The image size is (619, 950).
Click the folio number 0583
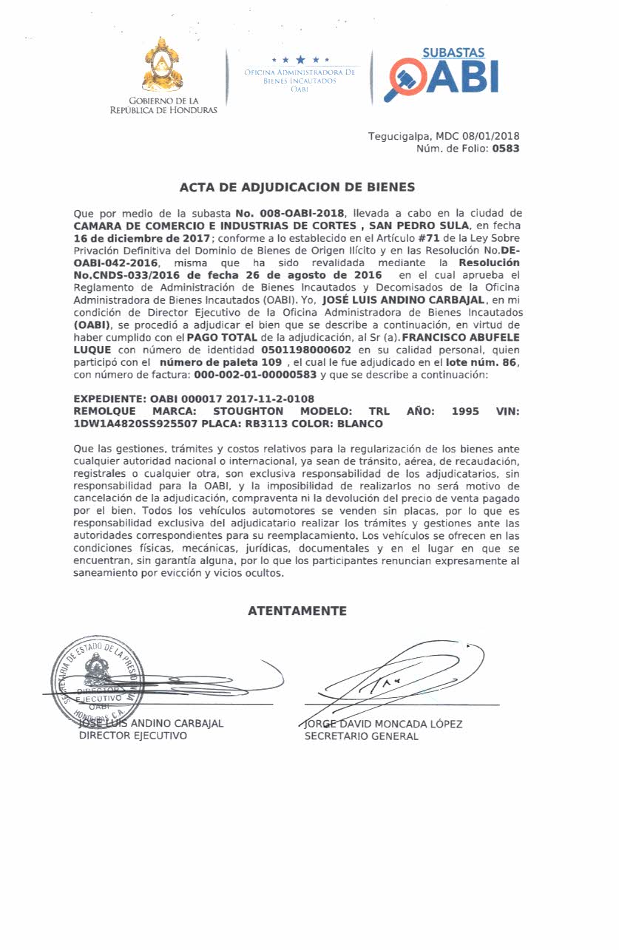(x=506, y=149)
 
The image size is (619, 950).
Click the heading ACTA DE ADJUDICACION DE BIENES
(x=297, y=187)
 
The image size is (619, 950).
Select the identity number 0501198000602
(x=306, y=350)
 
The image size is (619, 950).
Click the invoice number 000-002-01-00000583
(x=254, y=375)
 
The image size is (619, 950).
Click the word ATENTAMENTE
(x=297, y=611)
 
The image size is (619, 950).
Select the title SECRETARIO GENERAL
(x=362, y=736)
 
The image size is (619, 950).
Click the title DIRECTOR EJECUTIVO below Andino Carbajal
(x=133, y=736)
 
